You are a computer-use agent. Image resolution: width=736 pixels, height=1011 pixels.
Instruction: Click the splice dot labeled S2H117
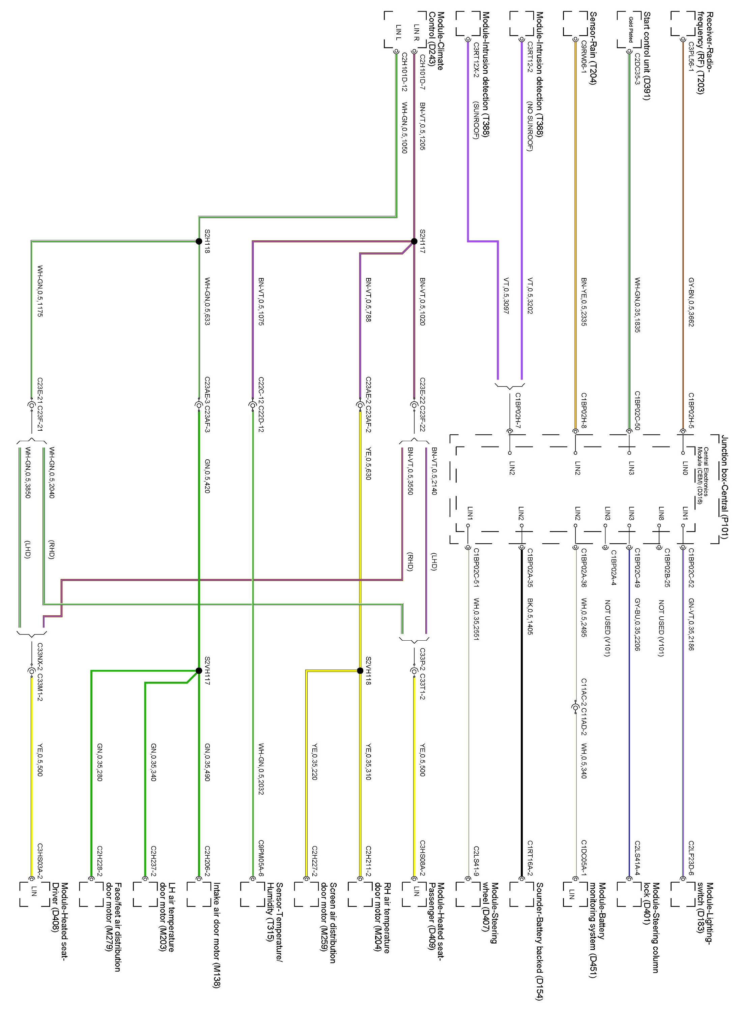414,242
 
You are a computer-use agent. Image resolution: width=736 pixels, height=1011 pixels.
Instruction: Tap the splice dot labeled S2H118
199,242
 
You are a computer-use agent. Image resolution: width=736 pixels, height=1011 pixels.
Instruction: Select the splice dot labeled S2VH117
199,670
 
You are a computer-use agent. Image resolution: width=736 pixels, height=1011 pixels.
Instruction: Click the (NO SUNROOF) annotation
530,127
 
